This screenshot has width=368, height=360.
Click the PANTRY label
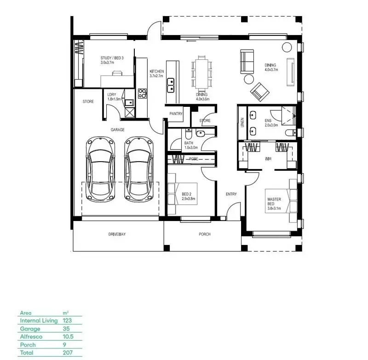pos(176,113)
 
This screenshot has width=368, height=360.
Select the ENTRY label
pos(231,194)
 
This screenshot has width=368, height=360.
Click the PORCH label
pos(205,234)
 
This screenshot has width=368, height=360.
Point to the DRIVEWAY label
pos(117,234)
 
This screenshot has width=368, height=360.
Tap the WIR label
pos(268,158)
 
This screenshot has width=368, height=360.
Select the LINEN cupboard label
pos(242,122)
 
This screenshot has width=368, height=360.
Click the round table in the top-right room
pos(286,46)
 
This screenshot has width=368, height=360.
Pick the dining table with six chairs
pos(202,73)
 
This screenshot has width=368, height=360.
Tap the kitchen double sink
pos(171,84)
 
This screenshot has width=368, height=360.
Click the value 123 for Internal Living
pos(67,320)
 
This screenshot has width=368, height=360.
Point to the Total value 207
pos(67,353)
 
